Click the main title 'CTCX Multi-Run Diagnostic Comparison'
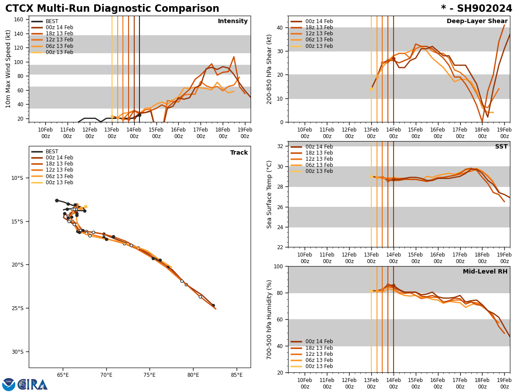pyautogui.click(x=112, y=9)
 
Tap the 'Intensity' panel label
pyautogui.click(x=232, y=21)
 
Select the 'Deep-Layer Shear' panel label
pyautogui.click(x=477, y=21)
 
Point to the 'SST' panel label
pyautogui.click(x=501, y=147)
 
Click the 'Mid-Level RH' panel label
pyautogui.click(x=485, y=272)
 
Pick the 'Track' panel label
pyautogui.click(x=239, y=153)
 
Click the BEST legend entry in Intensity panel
pyautogui.click(x=52, y=21)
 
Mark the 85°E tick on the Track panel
pyautogui.click(x=237, y=375)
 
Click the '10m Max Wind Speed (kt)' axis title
pyautogui.click(x=8, y=69)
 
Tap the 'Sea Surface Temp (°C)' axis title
pyautogui.click(x=269, y=194)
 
